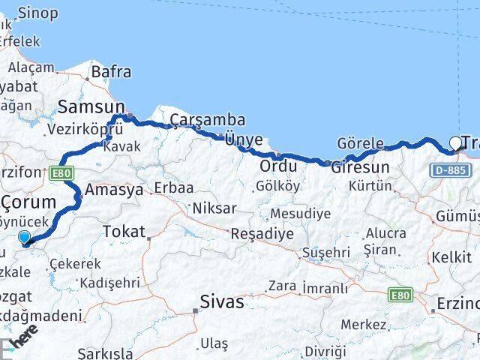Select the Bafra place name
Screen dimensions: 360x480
(111, 73)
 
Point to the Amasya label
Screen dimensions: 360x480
(115, 190)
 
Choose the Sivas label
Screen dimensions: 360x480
(222, 301)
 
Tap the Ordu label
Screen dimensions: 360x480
(278, 166)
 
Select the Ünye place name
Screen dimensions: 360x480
(244, 139)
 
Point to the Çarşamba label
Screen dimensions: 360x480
(197, 120)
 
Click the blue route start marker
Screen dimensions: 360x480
(25, 238)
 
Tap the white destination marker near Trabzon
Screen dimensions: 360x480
(455, 143)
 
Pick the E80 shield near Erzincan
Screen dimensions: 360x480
(400, 296)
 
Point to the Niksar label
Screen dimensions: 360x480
(214, 208)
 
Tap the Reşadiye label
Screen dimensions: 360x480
(262, 233)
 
